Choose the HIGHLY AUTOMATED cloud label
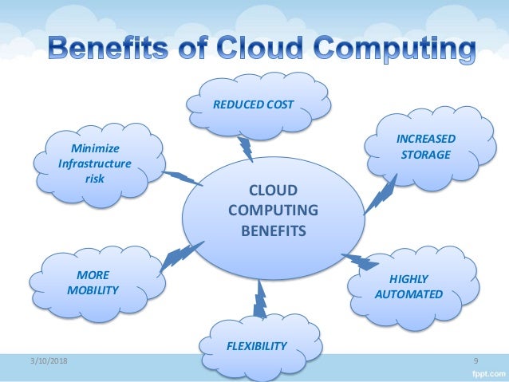coord(408,286)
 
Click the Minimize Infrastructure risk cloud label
coord(93,163)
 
